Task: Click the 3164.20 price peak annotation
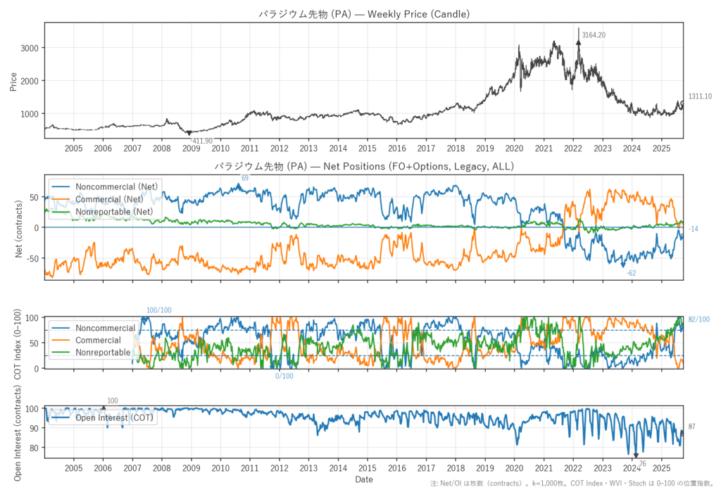(594, 34)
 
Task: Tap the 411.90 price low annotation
(202, 141)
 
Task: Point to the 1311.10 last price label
(700, 96)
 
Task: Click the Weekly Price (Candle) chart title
(364, 13)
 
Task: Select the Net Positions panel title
(364, 166)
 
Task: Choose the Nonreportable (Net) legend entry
(114, 211)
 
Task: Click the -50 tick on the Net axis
(32, 259)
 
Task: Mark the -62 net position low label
(632, 272)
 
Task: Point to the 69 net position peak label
(245, 178)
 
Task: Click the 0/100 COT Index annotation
(284, 376)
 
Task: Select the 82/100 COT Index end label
(699, 320)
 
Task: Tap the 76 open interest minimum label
(642, 463)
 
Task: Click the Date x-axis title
(364, 479)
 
